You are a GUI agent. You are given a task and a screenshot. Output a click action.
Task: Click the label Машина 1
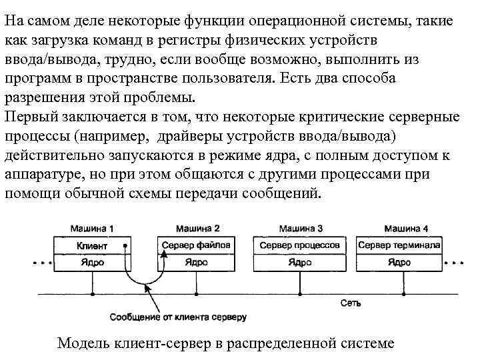pos(93,229)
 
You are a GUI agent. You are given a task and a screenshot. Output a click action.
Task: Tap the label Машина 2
pos(198,229)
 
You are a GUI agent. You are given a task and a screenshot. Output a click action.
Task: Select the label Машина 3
pos(302,229)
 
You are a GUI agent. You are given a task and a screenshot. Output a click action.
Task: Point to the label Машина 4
pos(406,229)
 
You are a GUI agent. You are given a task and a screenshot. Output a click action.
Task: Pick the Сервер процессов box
pos(300,245)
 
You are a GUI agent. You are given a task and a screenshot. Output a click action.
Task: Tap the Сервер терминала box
pos(399,245)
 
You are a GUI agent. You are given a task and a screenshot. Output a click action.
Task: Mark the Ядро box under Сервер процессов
pos(300,262)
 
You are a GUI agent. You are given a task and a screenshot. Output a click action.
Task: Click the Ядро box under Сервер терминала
pos(399,262)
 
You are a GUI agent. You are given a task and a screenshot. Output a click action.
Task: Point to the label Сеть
pos(350,304)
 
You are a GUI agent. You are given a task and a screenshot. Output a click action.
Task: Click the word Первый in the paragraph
pos(29,117)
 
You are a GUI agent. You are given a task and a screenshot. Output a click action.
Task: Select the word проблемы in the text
pos(159,97)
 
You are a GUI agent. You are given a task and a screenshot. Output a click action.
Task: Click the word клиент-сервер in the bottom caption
pos(163,344)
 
